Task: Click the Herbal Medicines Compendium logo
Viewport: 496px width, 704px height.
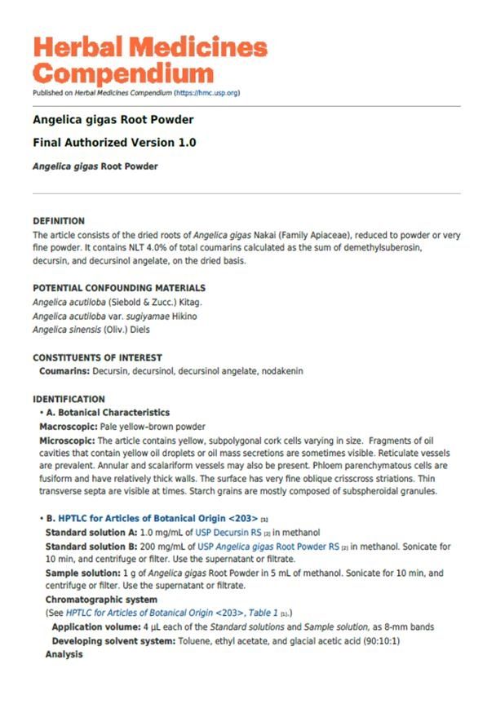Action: [150, 60]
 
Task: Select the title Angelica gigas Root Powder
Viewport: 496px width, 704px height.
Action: [113, 120]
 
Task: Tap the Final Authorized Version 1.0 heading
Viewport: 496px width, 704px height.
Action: [114, 143]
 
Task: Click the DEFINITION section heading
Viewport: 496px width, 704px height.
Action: [59, 220]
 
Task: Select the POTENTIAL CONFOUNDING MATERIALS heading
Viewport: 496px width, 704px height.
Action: [119, 288]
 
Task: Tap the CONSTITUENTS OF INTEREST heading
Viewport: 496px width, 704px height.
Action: [97, 357]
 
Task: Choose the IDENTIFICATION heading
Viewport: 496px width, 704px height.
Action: [69, 400]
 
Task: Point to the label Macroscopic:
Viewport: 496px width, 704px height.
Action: [69, 427]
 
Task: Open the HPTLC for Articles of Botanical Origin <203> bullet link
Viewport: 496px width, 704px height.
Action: [157, 519]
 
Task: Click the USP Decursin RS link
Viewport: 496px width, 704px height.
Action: [229, 533]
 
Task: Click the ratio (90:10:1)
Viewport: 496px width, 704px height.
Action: [374, 641]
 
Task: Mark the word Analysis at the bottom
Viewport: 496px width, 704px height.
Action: [64, 654]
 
